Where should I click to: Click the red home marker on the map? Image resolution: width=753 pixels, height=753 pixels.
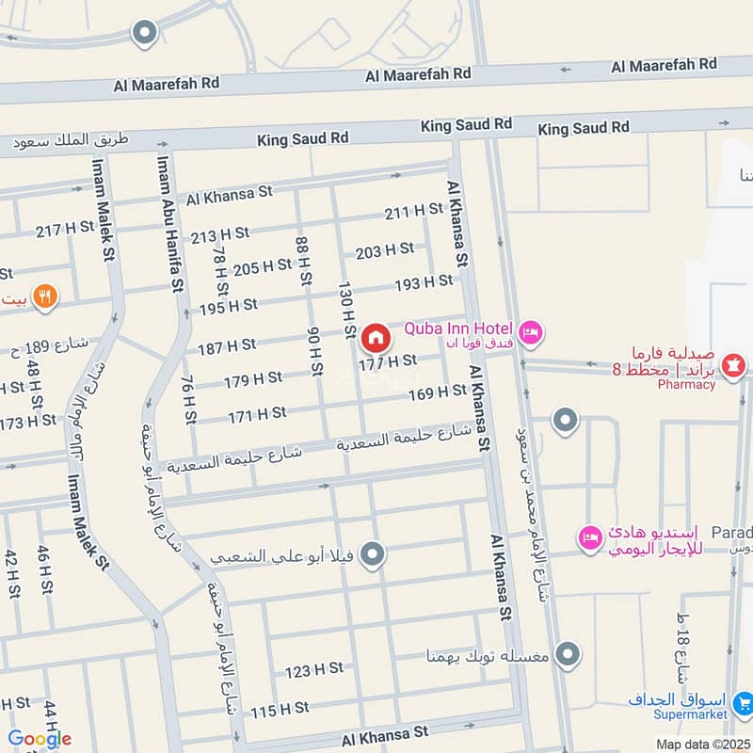point(375,337)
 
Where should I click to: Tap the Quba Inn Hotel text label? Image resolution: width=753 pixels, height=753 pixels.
point(458,328)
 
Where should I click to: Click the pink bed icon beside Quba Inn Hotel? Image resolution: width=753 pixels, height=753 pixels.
point(531,330)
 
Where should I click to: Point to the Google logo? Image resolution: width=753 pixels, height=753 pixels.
point(40,739)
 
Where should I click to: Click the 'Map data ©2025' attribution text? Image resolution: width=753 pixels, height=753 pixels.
point(703,744)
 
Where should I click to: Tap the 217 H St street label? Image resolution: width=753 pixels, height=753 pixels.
point(65,228)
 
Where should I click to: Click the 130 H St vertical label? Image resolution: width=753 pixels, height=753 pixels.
point(345,306)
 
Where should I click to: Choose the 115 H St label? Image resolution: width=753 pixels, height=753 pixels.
point(280,708)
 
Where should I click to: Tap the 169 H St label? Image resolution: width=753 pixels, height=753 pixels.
point(437,392)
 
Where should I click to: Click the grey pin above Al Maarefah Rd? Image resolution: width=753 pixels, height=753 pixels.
point(144,35)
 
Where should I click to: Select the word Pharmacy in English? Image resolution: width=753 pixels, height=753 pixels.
point(686,384)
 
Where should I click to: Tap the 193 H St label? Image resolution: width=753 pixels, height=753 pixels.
point(424,281)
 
